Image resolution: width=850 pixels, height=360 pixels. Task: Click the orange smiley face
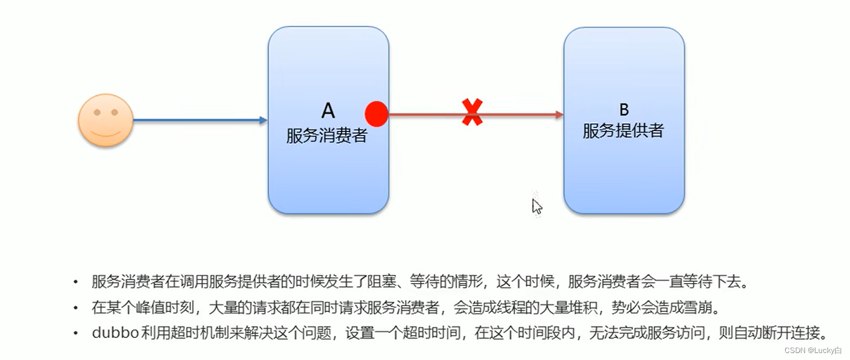point(106,120)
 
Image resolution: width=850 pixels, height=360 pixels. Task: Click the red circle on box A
point(377,114)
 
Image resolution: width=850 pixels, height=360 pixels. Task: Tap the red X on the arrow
point(472,112)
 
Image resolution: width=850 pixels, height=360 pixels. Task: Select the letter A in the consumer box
point(328,110)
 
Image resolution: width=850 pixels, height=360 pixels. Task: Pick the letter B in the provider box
point(624,109)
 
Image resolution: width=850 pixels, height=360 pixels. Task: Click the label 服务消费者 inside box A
point(327,135)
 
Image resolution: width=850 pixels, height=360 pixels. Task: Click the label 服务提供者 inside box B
point(623,131)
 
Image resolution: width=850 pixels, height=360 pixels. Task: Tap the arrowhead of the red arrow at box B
point(559,115)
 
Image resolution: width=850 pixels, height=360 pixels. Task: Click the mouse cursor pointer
point(537,206)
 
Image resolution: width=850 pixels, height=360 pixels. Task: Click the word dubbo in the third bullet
point(115,333)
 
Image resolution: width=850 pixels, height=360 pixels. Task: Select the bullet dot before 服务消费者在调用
point(75,282)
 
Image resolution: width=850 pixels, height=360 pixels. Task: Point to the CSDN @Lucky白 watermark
point(812,351)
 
